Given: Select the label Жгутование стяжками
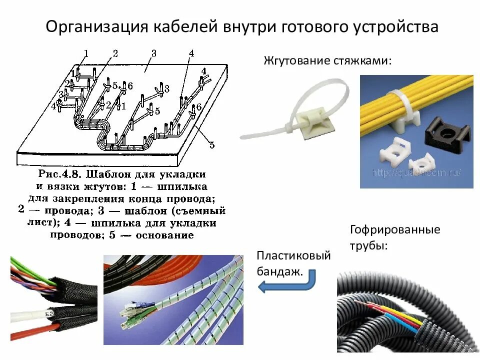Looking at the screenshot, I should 327,61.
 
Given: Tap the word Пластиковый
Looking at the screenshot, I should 294,256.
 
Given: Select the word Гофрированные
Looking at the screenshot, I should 395,230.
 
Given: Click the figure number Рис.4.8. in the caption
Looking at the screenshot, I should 59,175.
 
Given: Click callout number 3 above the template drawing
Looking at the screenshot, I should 153,53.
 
